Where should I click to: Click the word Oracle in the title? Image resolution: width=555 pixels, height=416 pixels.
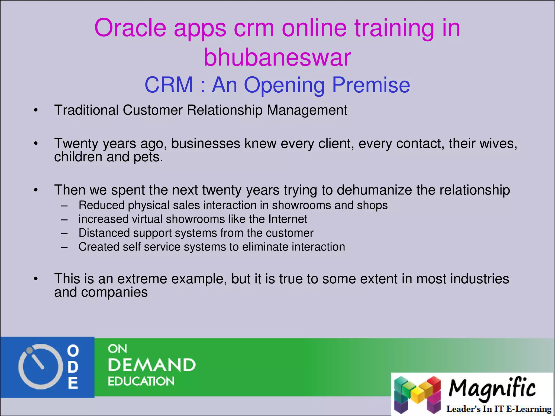click(x=130, y=28)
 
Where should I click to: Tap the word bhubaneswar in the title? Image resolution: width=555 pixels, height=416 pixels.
click(x=277, y=57)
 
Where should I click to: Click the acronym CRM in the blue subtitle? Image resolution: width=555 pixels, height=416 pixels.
click(x=169, y=85)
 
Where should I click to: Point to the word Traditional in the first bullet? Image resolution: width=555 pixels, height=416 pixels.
click(x=86, y=110)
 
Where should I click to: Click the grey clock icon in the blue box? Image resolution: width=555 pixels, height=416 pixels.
click(x=38, y=367)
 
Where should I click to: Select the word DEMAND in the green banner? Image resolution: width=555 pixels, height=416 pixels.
click(x=151, y=365)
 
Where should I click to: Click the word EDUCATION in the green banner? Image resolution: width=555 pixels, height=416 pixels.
click(x=141, y=381)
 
